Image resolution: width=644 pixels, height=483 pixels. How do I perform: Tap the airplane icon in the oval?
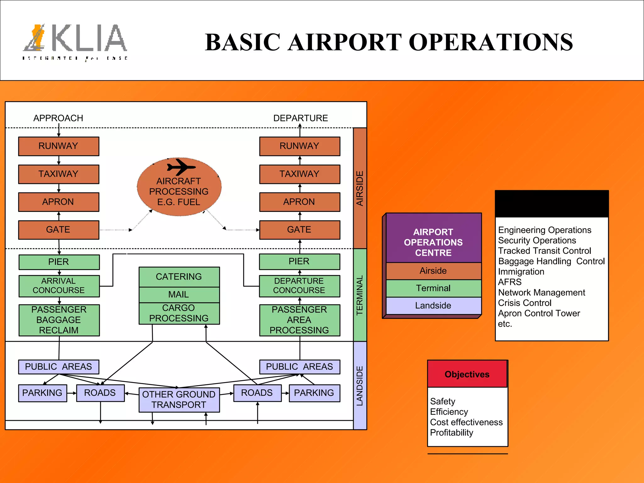coord(181,167)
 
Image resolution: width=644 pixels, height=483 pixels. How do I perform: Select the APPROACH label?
coord(58,118)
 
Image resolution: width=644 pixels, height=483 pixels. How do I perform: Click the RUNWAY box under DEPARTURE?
coord(299,146)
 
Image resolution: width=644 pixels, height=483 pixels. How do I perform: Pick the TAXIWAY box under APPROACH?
coord(58,174)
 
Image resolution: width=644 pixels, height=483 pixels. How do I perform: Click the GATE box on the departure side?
coord(299,230)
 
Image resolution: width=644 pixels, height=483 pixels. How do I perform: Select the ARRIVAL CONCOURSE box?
coord(59,286)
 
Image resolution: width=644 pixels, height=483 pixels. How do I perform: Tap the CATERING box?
coord(179,277)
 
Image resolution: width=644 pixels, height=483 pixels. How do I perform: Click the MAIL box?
coord(179,295)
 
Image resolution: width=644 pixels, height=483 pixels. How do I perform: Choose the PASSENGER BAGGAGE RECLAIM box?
coord(59,320)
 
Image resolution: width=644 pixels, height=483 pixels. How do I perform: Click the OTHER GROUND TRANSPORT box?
coord(179,400)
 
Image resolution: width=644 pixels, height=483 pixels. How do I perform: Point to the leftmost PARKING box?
coord(42,393)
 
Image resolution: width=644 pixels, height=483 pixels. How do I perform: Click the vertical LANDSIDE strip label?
coord(360,386)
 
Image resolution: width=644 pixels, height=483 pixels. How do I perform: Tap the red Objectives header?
coord(467,374)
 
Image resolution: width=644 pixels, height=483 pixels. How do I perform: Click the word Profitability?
coord(452,433)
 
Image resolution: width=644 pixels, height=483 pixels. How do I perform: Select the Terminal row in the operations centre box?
coord(433,288)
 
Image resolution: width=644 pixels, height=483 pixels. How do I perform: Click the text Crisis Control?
coord(525,303)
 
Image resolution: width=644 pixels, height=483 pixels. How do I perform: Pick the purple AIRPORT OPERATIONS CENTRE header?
coord(433,242)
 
